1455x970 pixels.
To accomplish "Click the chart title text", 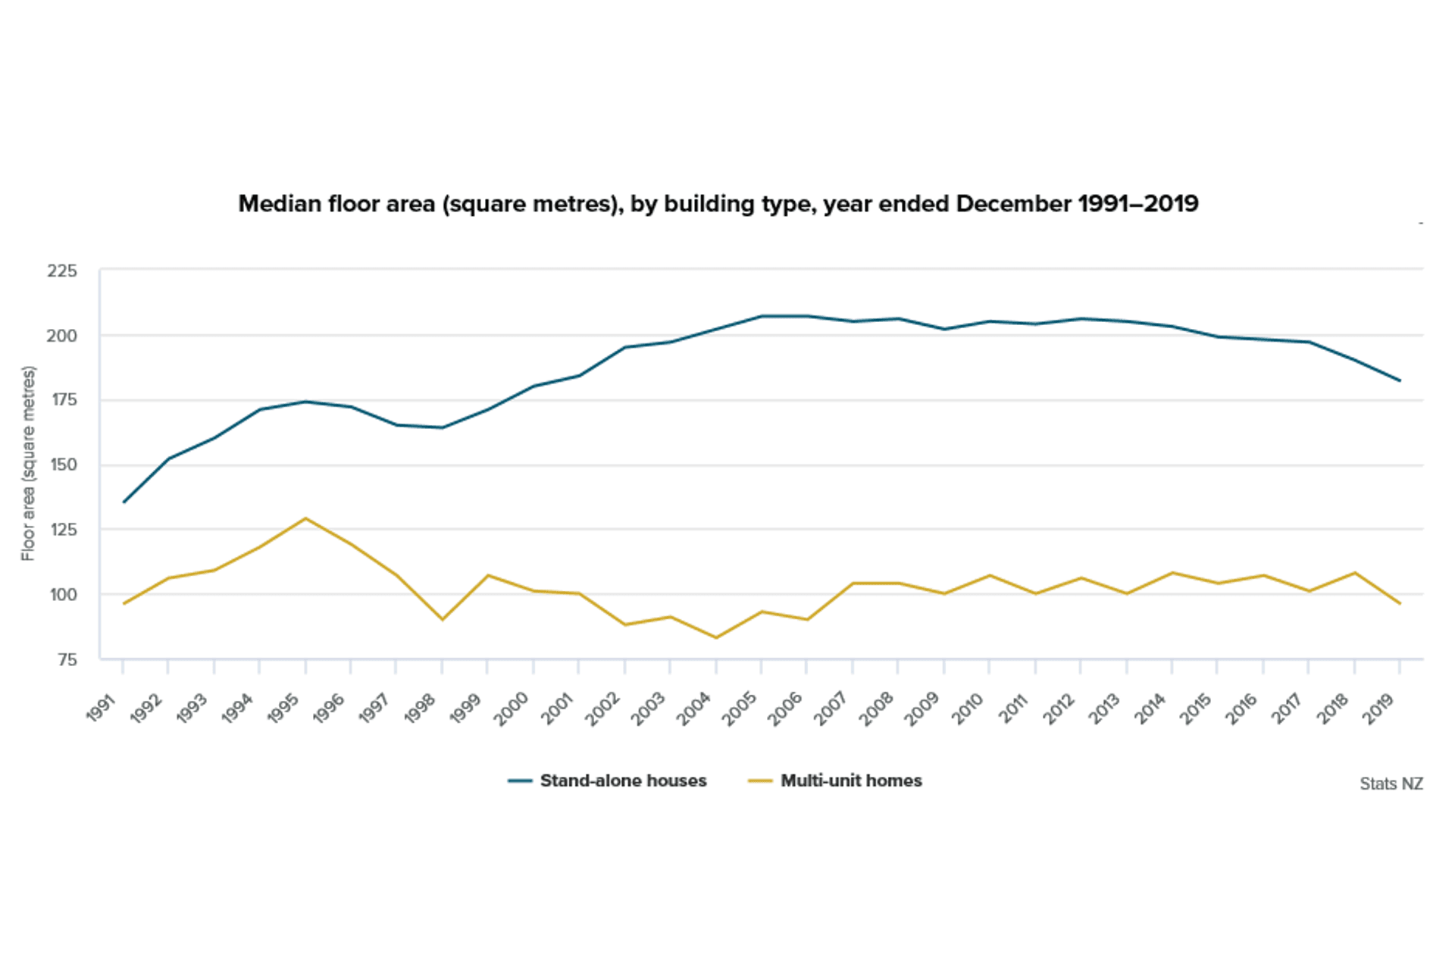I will (718, 204).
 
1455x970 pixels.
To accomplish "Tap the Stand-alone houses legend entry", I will (608, 781).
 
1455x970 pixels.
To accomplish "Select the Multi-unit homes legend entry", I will (835, 781).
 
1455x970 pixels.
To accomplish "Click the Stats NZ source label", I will (1391, 784).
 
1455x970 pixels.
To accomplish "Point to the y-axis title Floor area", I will (28, 463).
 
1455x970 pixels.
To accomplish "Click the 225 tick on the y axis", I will (61, 271).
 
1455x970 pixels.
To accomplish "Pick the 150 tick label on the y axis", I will (63, 465).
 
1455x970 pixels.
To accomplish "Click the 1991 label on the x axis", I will (102, 708).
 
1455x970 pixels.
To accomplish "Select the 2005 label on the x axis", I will (740, 708).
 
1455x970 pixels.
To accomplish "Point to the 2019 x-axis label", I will (1378, 708).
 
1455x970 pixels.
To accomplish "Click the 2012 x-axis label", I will (1059, 708).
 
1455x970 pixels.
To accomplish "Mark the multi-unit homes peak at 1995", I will (305, 518).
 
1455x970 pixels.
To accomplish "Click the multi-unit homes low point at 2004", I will (715, 637).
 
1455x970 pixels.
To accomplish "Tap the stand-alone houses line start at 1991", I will (124, 502).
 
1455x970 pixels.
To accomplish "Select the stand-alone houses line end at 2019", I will (1400, 380).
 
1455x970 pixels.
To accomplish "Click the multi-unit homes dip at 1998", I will (443, 620).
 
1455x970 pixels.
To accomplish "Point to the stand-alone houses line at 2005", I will (762, 316).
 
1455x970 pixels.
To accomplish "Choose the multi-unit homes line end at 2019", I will (1400, 604).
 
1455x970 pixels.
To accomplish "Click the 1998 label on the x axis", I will (421, 708).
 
